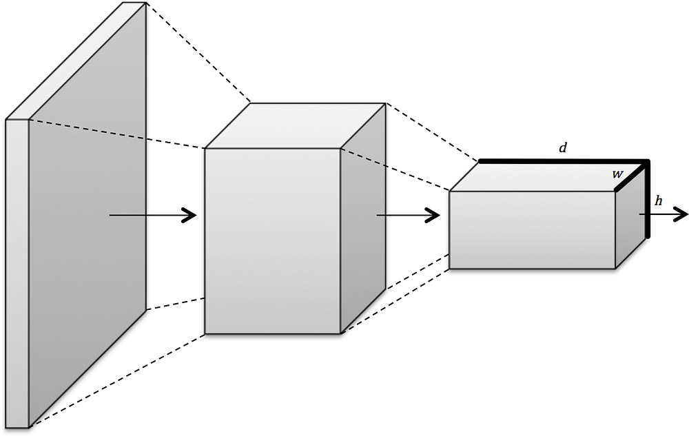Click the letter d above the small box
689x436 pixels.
point(563,147)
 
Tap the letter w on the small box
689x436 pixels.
point(618,175)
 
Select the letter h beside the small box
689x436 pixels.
point(659,201)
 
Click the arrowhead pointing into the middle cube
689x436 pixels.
point(191,216)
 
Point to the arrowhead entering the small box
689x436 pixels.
point(433,216)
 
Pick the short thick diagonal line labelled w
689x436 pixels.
point(631,176)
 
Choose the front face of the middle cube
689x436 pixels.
point(272,241)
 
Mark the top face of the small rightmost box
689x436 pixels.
point(544,176)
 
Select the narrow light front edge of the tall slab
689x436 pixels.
point(17,276)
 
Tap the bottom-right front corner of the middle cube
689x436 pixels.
point(341,334)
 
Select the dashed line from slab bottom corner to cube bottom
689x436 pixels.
point(117,380)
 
